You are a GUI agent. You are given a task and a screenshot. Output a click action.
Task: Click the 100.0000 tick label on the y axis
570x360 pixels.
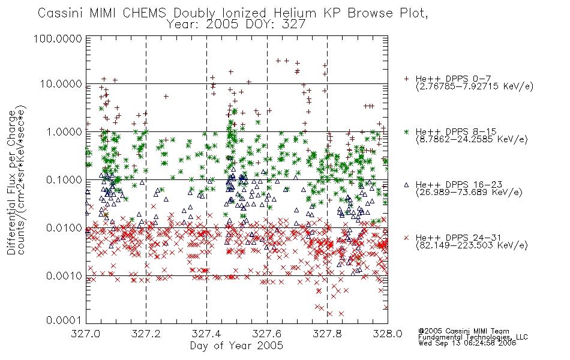(58, 38)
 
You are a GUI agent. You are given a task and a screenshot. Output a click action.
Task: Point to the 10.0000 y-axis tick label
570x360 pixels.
(61, 84)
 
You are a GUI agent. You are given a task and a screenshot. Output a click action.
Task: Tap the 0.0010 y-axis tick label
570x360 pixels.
(64, 276)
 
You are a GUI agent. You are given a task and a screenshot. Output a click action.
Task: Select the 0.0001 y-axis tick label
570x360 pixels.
(64, 320)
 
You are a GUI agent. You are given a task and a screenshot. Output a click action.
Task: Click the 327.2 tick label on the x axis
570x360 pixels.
(146, 334)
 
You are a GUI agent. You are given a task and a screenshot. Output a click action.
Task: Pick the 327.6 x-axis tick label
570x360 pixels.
(267, 334)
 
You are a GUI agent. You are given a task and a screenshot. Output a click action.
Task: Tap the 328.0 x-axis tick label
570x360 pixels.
(388, 334)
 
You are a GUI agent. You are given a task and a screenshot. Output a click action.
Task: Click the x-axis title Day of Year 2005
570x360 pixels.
(236, 346)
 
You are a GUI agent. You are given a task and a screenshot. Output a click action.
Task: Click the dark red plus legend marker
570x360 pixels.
(406, 79)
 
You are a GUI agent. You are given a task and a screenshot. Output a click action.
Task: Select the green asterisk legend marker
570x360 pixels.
(406, 131)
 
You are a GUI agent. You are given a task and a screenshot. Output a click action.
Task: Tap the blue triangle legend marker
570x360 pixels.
(406, 185)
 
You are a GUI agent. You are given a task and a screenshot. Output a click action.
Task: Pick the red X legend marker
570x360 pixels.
(406, 238)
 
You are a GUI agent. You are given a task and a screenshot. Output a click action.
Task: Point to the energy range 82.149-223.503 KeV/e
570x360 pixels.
(472, 245)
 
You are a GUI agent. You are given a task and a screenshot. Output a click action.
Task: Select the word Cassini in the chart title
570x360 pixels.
(61, 13)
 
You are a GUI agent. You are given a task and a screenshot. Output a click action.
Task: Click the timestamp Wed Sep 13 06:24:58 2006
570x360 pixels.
(467, 343)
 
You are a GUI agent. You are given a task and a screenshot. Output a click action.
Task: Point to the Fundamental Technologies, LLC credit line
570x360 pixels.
(473, 337)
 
